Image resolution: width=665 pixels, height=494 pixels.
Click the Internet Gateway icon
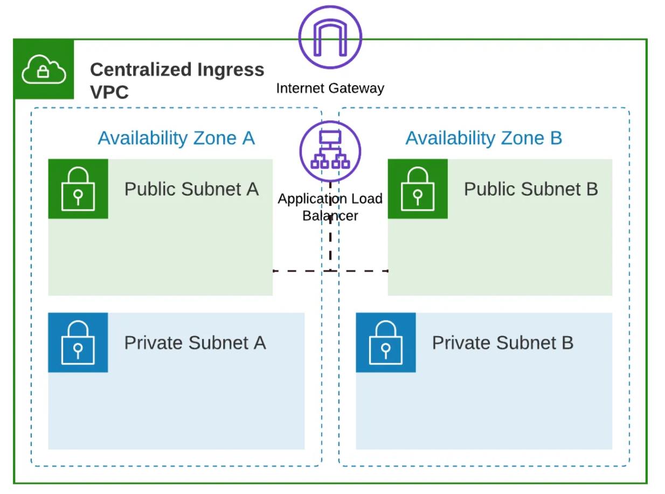point(330,37)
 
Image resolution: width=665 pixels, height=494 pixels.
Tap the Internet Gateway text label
point(330,88)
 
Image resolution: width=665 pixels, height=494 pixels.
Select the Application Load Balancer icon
point(330,149)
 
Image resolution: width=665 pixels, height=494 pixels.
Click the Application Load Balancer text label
point(330,207)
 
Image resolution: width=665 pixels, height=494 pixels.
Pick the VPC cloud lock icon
point(44,69)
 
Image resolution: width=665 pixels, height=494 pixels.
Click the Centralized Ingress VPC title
point(177,80)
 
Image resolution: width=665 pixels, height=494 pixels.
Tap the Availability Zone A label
point(176,138)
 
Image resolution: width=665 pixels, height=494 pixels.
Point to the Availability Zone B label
point(483,138)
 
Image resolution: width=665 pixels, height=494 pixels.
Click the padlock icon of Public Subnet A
point(78,189)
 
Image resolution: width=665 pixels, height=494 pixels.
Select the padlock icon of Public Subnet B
point(418,189)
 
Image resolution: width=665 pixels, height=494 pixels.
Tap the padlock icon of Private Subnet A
point(78,343)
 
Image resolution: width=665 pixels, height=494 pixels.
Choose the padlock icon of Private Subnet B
point(385,343)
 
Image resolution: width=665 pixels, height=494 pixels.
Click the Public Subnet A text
point(191,189)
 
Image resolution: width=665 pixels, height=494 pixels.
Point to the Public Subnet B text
point(531,189)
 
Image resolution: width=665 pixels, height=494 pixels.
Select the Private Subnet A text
point(195,343)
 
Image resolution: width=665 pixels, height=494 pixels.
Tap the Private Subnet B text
point(502,343)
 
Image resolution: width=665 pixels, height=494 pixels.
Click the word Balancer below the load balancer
point(330,215)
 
